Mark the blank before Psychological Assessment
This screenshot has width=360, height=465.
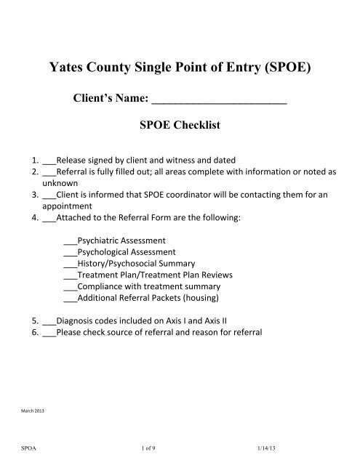pos(71,251)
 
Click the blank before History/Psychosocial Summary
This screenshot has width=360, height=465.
pos(71,263)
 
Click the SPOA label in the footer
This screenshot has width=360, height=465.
pos(28,450)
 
